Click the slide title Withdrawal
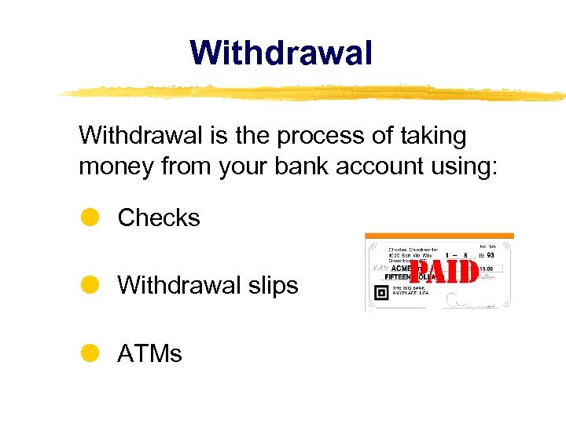(x=281, y=53)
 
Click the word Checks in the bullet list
(x=159, y=217)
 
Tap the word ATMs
(x=149, y=353)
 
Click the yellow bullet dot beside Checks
(x=90, y=217)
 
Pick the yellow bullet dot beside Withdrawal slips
(x=90, y=285)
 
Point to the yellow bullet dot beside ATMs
(x=90, y=353)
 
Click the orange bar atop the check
(x=439, y=236)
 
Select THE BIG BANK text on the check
(x=408, y=290)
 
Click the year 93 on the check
(x=490, y=255)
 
